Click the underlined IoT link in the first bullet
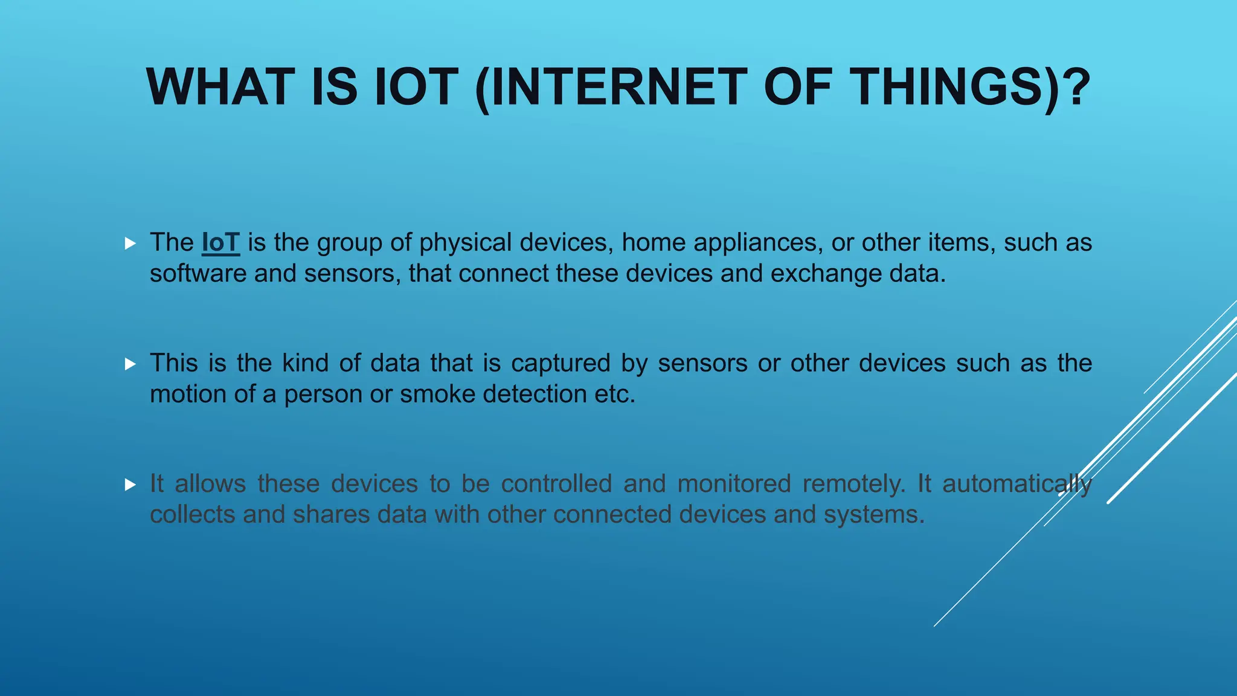click(220, 243)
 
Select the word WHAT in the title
click(220, 88)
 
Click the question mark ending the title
click(1079, 88)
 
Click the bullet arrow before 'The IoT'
click(130, 243)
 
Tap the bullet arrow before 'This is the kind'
click(130, 364)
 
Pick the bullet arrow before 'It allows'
click(130, 485)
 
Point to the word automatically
click(1017, 485)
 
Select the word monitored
click(734, 485)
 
